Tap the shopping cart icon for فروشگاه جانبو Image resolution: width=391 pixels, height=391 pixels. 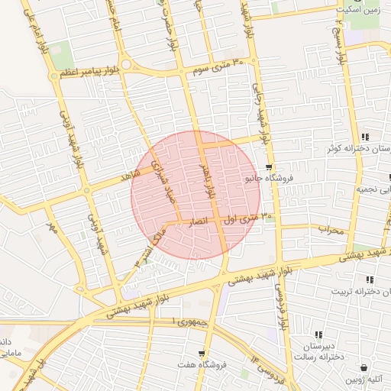click(x=268, y=168)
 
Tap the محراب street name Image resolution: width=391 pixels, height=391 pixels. click(x=331, y=229)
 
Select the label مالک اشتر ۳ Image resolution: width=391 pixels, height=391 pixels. click(x=150, y=244)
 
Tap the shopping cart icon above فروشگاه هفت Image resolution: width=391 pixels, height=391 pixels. click(x=201, y=354)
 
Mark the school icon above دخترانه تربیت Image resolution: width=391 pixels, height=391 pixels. click(x=370, y=280)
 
